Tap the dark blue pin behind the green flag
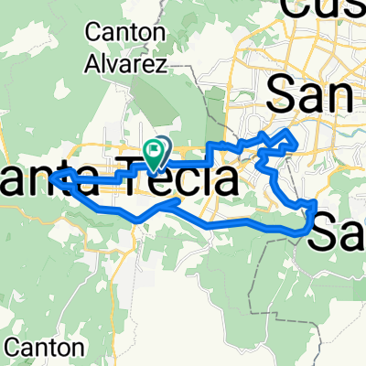[x=162, y=147]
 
